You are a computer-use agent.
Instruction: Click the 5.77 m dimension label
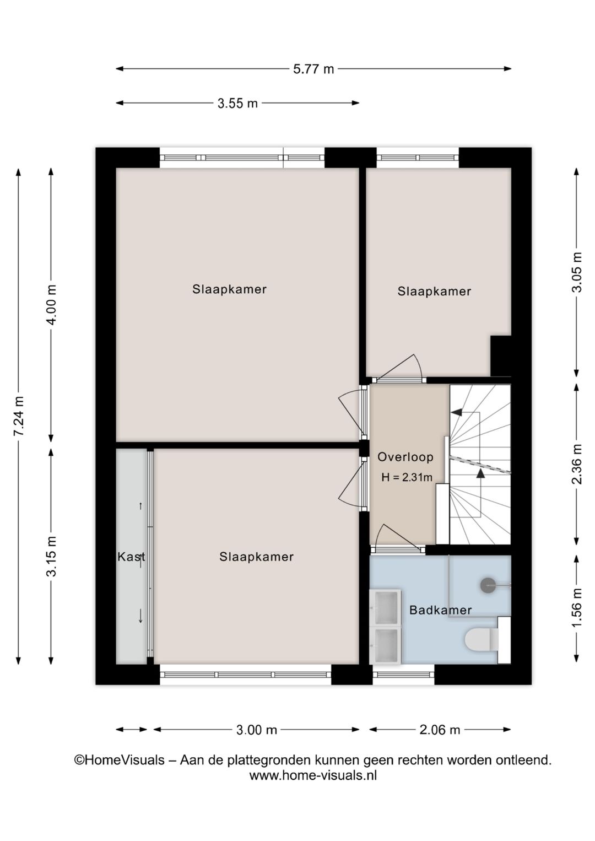click(313, 69)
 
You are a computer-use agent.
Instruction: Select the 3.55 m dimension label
click(237, 103)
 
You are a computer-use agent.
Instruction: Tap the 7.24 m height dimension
click(18, 416)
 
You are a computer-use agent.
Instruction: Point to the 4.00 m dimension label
click(51, 304)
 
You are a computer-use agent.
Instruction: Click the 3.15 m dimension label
click(51, 556)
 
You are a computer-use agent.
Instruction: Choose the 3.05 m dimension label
click(577, 272)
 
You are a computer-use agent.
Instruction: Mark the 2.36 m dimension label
click(577, 464)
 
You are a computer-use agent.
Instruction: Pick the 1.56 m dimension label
click(577, 607)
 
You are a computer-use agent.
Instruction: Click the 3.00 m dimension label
click(256, 730)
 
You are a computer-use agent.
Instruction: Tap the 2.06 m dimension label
click(440, 730)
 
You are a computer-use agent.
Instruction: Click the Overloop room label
click(405, 457)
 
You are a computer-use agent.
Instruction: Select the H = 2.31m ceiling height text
click(407, 477)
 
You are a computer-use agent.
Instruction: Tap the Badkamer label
click(440, 610)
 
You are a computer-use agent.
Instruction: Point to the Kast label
click(131, 557)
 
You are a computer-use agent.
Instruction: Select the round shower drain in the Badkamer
click(488, 585)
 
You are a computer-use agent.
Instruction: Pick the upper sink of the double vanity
click(386, 607)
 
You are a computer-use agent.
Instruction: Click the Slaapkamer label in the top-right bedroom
click(434, 292)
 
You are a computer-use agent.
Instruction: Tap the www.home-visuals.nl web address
click(313, 775)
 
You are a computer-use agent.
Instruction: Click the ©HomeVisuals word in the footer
click(120, 760)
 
